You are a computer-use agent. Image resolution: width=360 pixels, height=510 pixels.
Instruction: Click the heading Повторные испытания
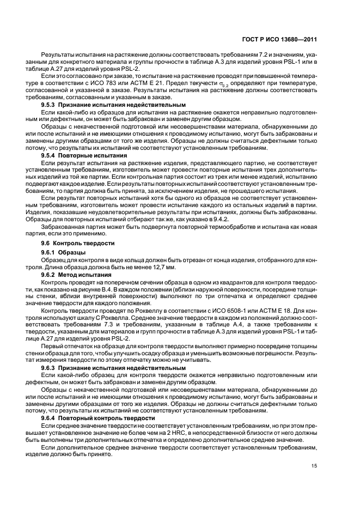pyautogui.click(x=84, y=155)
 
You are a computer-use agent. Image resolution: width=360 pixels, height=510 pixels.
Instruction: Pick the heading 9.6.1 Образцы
pyautogui.click(x=63, y=252)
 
